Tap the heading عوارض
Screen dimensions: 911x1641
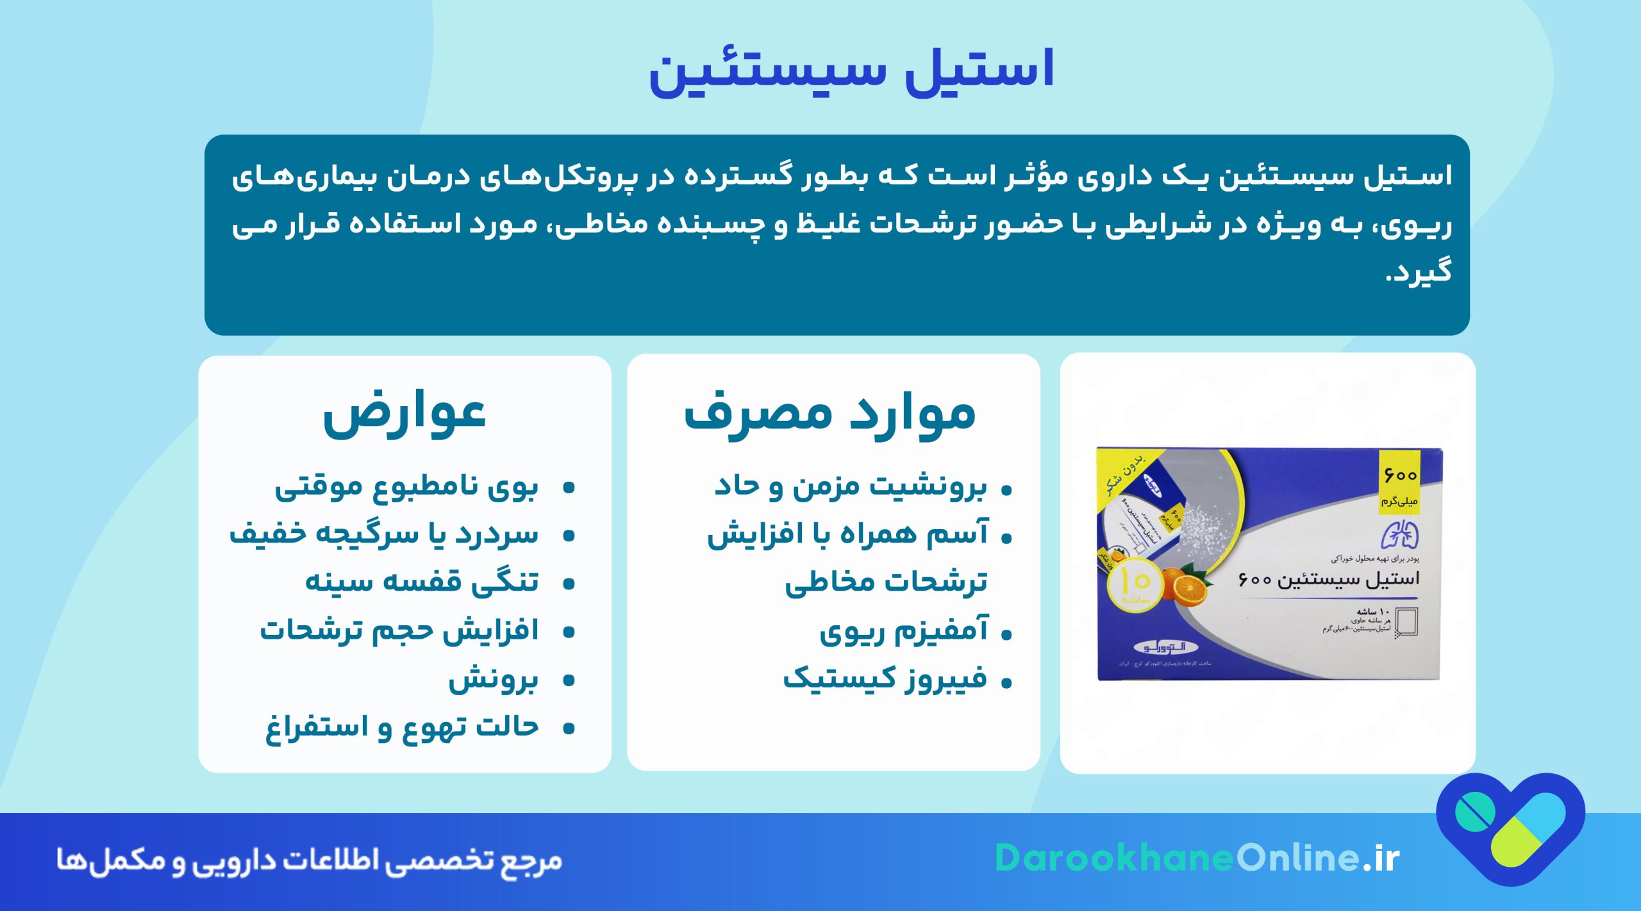click(x=404, y=414)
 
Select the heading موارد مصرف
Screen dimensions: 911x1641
click(x=830, y=414)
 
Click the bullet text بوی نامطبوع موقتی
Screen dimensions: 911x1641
click(x=406, y=488)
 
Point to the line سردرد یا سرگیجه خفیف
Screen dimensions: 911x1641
click(x=384, y=535)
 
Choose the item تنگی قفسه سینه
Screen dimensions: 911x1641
click(x=422, y=582)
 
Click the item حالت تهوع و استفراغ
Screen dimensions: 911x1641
click(x=403, y=728)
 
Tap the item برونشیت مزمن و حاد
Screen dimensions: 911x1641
click(x=851, y=487)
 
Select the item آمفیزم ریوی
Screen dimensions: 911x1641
click(x=904, y=632)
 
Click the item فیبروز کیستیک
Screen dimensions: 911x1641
click(x=885, y=679)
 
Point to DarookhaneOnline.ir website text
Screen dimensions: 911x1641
click(x=1197, y=858)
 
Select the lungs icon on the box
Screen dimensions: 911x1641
click(x=1400, y=535)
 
